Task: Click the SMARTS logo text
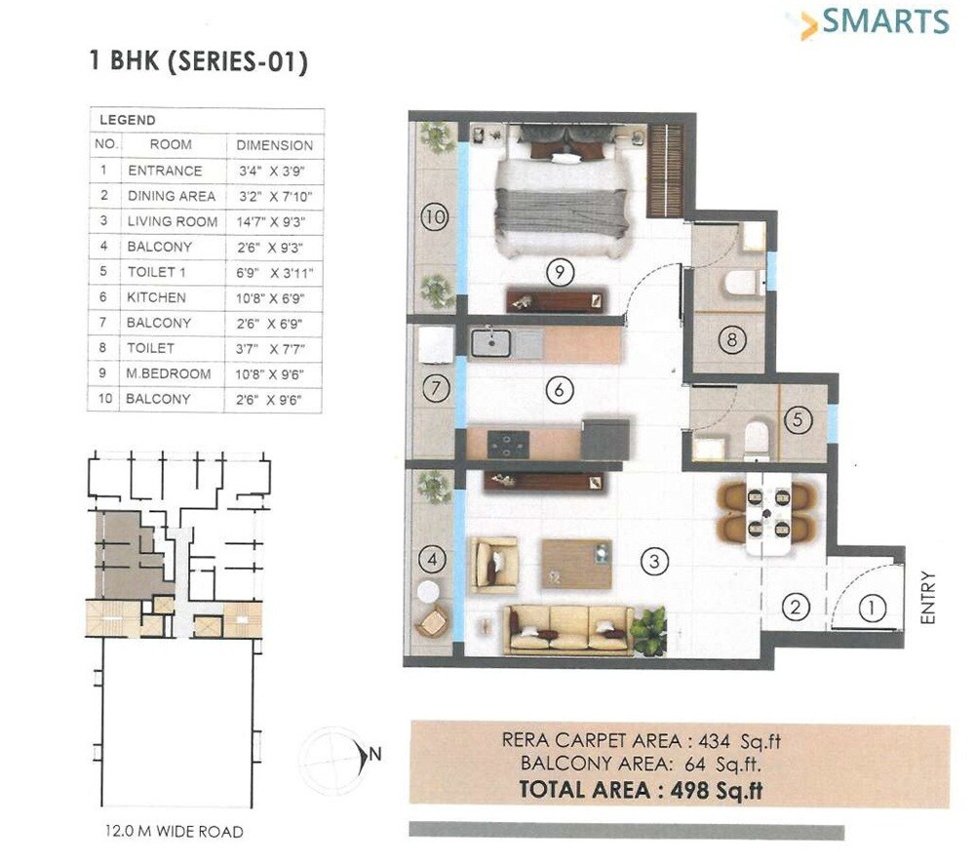(884, 21)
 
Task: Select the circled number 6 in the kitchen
(558, 391)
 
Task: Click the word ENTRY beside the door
(927, 597)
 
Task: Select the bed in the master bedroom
(562, 200)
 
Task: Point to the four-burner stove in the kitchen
(508, 444)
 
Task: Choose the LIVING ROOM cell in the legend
(173, 221)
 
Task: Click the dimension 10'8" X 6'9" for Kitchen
(275, 297)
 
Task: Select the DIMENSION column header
(275, 145)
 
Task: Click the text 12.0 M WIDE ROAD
(174, 832)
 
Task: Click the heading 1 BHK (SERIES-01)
(198, 63)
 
